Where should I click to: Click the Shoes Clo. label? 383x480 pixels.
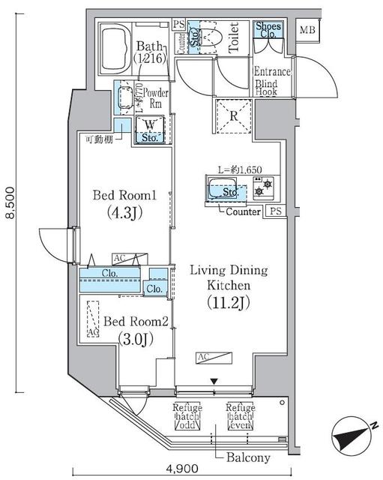tap(268, 31)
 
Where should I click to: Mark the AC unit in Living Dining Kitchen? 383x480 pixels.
tap(205, 358)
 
